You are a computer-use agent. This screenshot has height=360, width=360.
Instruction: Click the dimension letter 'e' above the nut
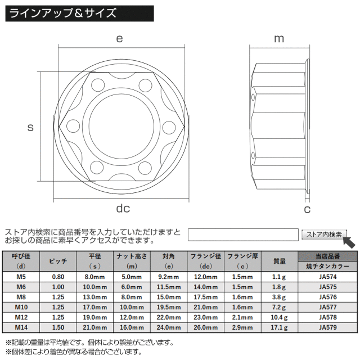119,39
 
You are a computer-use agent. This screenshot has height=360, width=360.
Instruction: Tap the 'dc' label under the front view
123,208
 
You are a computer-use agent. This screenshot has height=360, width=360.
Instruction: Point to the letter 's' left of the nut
30,128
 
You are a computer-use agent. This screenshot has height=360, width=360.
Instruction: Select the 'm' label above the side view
279,39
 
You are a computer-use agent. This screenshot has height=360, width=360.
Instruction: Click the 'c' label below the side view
307,209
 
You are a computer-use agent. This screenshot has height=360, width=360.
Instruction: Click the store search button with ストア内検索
324,235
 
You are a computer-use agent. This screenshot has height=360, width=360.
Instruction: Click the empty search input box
243,235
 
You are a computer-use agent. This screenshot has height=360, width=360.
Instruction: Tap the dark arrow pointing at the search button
349,242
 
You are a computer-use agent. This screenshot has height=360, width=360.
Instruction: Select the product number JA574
327,277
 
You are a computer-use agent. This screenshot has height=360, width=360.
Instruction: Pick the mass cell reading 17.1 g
279,327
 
